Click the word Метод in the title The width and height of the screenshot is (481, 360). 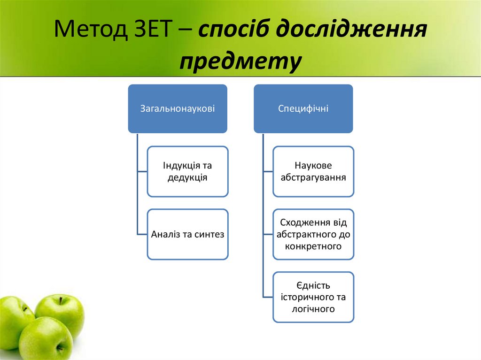click(x=89, y=31)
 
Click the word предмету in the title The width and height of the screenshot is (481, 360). click(x=240, y=61)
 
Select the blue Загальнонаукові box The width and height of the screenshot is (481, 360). click(x=178, y=108)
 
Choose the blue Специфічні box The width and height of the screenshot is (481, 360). click(x=303, y=108)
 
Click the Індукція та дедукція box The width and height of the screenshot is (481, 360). click(x=188, y=171)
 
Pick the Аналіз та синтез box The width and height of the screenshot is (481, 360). click(x=188, y=234)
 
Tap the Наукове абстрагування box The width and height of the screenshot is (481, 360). click(x=313, y=171)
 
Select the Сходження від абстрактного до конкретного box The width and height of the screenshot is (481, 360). click(x=313, y=234)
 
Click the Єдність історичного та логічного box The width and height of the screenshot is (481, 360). click(x=313, y=297)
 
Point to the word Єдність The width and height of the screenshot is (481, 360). click(x=313, y=285)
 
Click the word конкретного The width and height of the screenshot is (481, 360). click(x=313, y=246)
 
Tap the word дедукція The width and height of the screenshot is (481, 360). click(x=188, y=178)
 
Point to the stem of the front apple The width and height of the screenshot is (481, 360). click(x=59, y=347)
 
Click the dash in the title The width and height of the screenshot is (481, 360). click(x=187, y=31)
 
